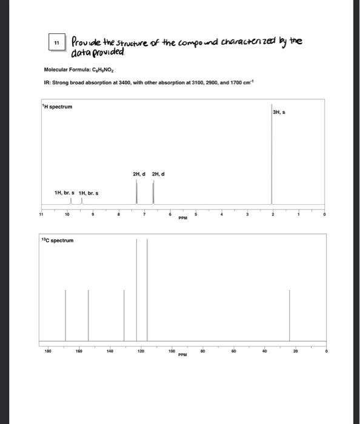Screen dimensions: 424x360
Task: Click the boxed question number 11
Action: pyautogui.click(x=56, y=44)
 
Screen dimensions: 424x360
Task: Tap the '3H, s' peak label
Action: pyautogui.click(x=279, y=112)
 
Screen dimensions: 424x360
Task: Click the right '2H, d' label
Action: pyautogui.click(x=158, y=174)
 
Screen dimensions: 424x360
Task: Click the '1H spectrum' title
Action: pyautogui.click(x=58, y=107)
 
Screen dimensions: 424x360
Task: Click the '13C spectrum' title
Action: pyautogui.click(x=58, y=240)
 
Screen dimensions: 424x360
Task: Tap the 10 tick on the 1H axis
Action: pyautogui.click(x=67, y=214)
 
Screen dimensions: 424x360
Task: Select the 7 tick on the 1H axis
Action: pyautogui.click(x=144, y=214)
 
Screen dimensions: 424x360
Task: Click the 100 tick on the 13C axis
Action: pyautogui.click(x=172, y=350)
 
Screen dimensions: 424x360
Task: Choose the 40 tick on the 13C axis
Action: pyautogui.click(x=264, y=350)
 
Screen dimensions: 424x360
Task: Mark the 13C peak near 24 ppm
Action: pyautogui.click(x=289, y=315)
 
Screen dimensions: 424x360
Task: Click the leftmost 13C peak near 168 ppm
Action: pyautogui.click(x=66, y=315)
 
